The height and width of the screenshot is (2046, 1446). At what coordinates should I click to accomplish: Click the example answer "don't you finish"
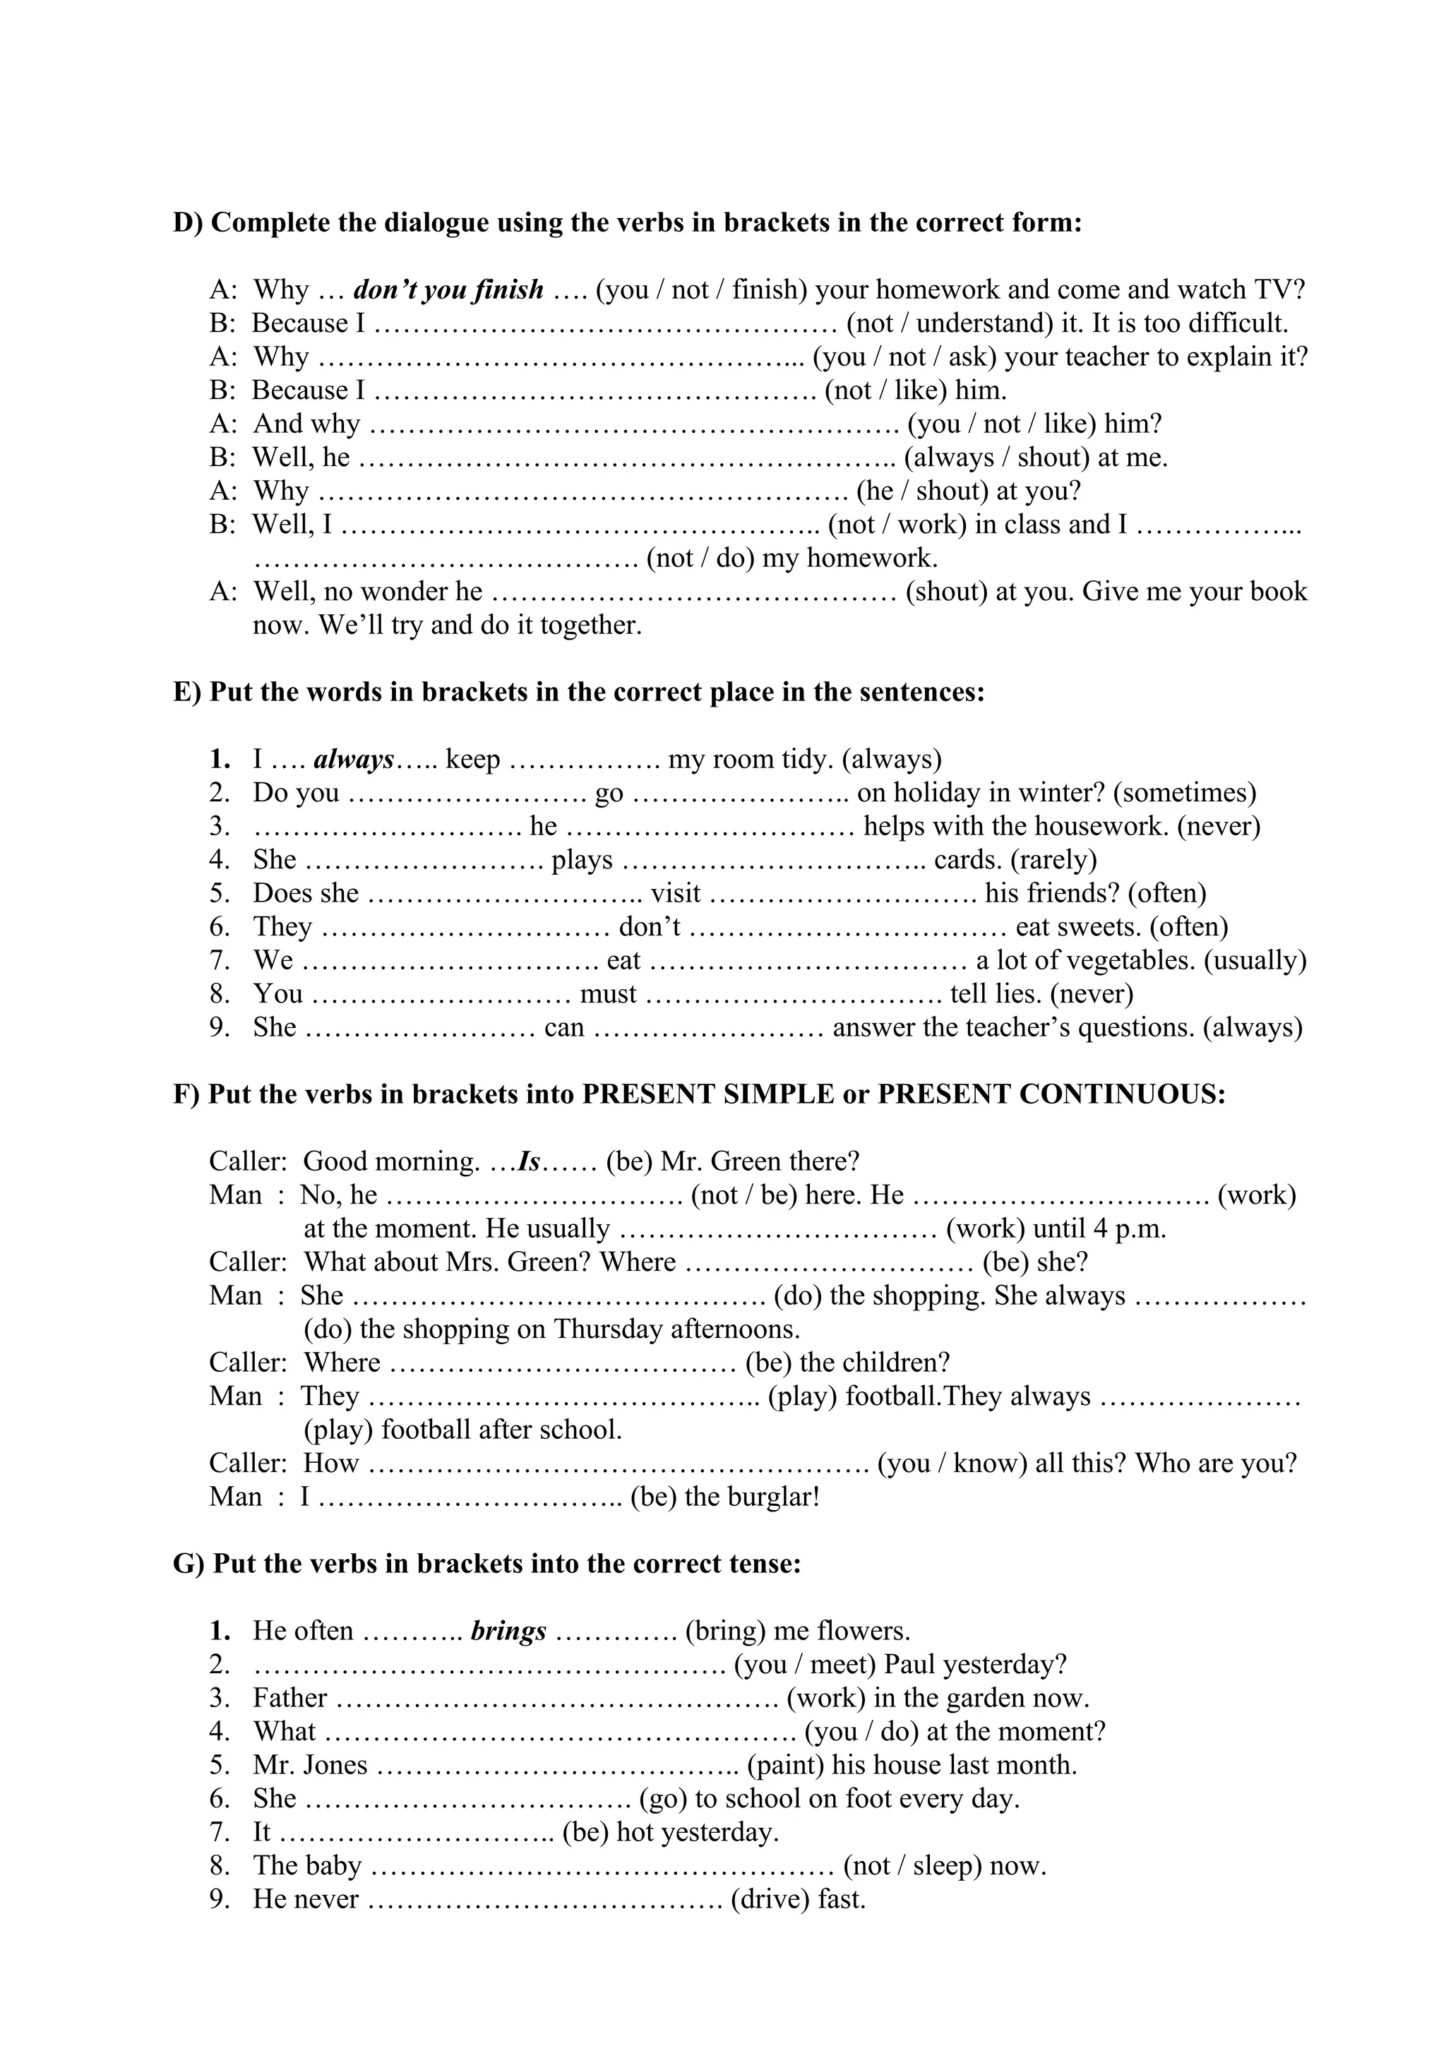coord(448,289)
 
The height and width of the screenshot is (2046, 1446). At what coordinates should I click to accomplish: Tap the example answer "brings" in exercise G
coord(509,1631)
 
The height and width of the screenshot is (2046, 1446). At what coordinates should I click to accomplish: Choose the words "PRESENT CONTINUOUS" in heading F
coord(1051,1094)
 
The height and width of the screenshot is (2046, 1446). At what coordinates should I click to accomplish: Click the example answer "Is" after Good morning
coord(530,1161)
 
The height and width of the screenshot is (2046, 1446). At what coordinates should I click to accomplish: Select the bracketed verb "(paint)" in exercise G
coord(786,1764)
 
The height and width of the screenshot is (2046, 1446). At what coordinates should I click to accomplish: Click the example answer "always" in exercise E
coord(354,759)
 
